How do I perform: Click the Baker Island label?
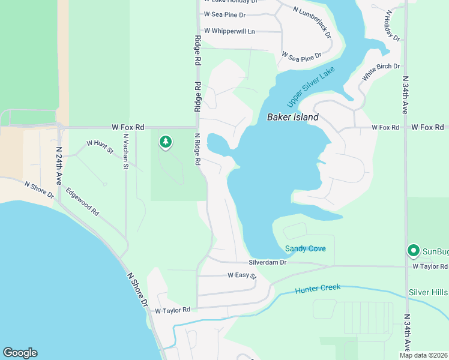point(292,118)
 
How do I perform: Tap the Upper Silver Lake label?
point(303,84)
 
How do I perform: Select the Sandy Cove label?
point(306,248)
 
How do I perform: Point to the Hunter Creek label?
point(318,289)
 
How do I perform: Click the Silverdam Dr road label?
point(268,263)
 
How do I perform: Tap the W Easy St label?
point(242,275)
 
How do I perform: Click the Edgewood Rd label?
point(83,202)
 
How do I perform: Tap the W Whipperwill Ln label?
point(229,31)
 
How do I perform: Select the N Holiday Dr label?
point(393,26)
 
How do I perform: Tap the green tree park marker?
point(165,142)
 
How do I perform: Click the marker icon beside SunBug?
point(413,251)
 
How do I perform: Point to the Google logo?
point(20,353)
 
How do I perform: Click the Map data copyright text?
point(424,355)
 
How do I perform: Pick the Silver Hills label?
point(428,292)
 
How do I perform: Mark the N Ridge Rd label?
point(197,149)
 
